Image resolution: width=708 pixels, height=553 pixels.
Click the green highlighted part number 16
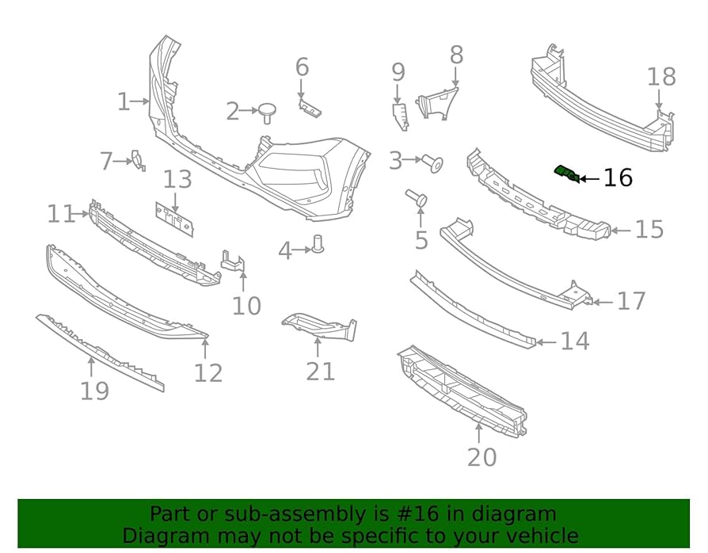(x=565, y=172)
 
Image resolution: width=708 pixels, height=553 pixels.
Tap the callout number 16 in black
(x=618, y=178)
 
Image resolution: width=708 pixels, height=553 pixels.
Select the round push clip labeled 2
(x=267, y=112)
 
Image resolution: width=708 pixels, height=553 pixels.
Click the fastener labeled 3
(x=434, y=163)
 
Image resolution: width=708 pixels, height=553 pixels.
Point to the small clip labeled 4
(x=319, y=244)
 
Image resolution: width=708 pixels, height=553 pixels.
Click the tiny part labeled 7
(x=137, y=161)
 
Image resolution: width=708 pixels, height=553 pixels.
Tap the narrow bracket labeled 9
(x=400, y=115)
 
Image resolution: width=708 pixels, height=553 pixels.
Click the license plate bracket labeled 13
(x=174, y=216)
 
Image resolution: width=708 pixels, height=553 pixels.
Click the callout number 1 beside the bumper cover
(x=124, y=101)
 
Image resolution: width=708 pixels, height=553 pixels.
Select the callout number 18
(x=661, y=78)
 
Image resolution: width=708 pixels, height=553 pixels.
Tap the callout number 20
(x=482, y=456)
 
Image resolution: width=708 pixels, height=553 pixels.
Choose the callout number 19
(x=94, y=391)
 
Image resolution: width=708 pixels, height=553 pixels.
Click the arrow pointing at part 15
(x=621, y=231)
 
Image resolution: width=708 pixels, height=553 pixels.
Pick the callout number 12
(x=208, y=372)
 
